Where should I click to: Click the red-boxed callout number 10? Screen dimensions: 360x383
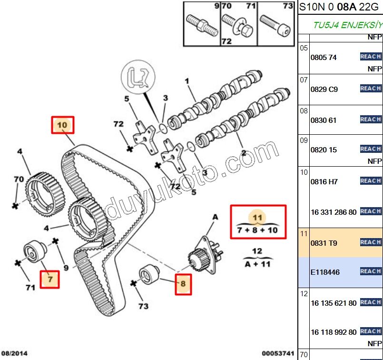click(63, 125)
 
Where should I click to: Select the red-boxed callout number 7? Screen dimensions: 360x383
click(50, 280)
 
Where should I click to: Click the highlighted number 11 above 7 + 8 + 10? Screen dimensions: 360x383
click(257, 218)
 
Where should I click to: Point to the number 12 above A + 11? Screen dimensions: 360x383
click(257, 251)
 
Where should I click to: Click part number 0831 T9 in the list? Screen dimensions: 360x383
click(324, 243)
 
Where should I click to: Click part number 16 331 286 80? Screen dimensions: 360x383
click(333, 212)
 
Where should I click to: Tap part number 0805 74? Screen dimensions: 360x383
click(323, 57)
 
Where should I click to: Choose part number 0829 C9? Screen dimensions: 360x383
click(324, 89)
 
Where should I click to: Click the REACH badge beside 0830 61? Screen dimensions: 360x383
click(371, 120)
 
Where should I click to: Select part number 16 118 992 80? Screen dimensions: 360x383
click(333, 332)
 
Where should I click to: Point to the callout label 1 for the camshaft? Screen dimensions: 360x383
click(187, 81)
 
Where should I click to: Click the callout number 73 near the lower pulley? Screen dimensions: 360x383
click(143, 306)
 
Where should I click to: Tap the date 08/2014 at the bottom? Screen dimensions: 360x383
click(14, 353)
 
